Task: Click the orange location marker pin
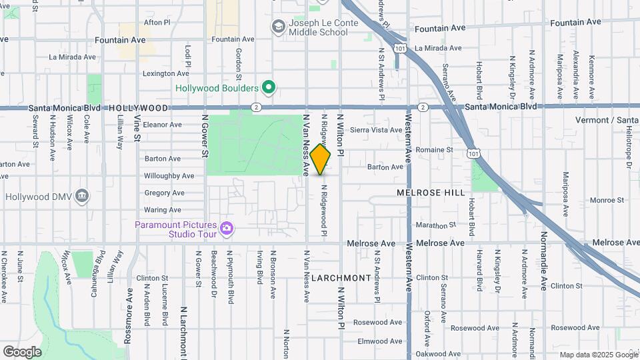pyautogui.click(x=321, y=159)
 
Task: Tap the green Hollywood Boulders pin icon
pyautogui.click(x=269, y=88)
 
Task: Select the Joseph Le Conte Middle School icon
pyautogui.click(x=279, y=27)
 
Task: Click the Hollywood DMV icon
pyautogui.click(x=82, y=197)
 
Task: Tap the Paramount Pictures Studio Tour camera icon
pyautogui.click(x=227, y=229)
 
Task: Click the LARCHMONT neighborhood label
pyautogui.click(x=340, y=277)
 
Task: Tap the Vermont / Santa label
pyautogui.click(x=607, y=120)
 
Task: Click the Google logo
pyautogui.click(x=22, y=351)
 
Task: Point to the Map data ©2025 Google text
pyautogui.click(x=598, y=355)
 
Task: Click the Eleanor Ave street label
pyautogui.click(x=163, y=125)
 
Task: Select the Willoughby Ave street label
pyautogui.click(x=169, y=176)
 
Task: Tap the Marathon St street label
pyautogui.click(x=435, y=226)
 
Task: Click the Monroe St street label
pyautogui.click(x=606, y=199)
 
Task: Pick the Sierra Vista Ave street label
pyautogui.click(x=376, y=130)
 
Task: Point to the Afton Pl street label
pyautogui.click(x=153, y=22)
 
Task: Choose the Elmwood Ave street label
pyautogui.click(x=380, y=341)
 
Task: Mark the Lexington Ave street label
pyautogui.click(x=166, y=73)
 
